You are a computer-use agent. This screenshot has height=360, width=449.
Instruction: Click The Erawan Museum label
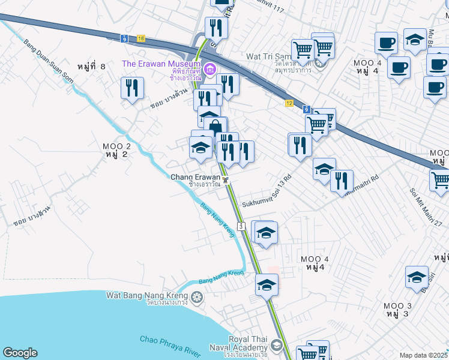coord(160,64)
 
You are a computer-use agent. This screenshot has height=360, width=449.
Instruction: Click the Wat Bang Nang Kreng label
coord(148,295)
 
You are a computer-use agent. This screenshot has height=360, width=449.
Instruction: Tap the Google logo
coord(20,353)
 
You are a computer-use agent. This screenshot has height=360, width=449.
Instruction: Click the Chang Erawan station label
coord(195,177)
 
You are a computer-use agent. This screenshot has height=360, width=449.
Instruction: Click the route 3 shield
coord(240,226)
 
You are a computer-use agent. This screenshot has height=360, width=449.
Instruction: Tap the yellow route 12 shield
coord(289,103)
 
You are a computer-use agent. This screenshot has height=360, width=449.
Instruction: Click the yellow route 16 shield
coord(140,38)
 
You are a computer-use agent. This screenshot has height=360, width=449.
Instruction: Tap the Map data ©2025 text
coord(423,355)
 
